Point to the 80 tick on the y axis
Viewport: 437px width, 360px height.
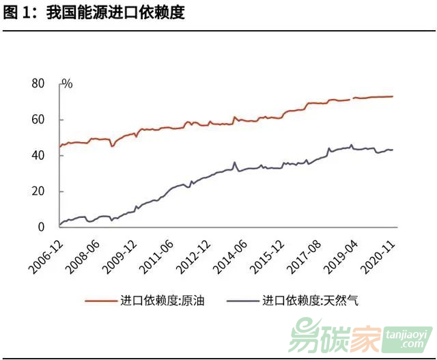[38, 84]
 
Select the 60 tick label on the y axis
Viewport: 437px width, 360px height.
[38, 120]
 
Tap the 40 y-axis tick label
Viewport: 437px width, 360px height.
[38, 155]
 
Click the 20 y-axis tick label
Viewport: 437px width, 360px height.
[38, 191]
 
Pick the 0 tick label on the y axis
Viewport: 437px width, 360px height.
[42, 227]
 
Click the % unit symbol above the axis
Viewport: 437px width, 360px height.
[67, 84]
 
